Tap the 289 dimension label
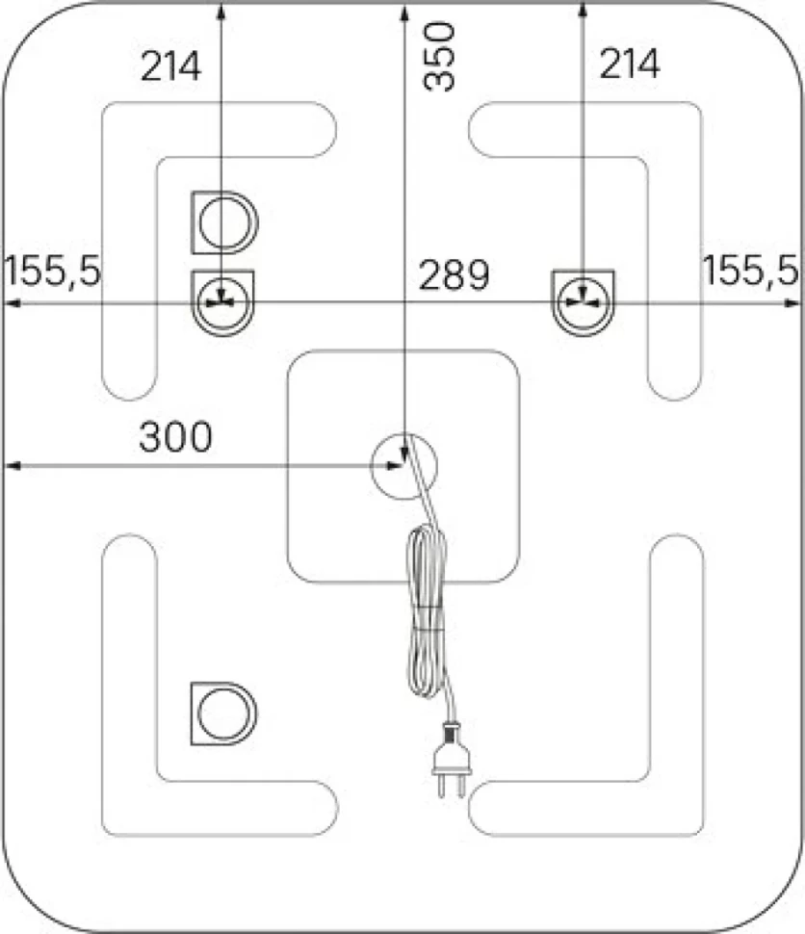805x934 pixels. click(x=454, y=274)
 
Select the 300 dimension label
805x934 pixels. click(x=175, y=436)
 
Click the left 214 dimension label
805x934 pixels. click(x=171, y=65)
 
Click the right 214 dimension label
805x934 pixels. click(x=630, y=64)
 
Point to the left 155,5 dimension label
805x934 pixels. click(x=52, y=271)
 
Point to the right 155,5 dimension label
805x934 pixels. click(x=751, y=270)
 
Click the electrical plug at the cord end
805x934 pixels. click(x=452, y=759)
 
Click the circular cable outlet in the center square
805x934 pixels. click(x=404, y=466)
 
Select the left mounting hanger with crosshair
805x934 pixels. click(x=222, y=302)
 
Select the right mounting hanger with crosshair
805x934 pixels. click(x=584, y=302)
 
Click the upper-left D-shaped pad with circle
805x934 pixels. click(x=224, y=222)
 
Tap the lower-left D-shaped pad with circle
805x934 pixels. click(x=224, y=713)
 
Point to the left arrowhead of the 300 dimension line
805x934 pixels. click(x=13, y=465)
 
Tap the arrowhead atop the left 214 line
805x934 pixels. click(x=221, y=12)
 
